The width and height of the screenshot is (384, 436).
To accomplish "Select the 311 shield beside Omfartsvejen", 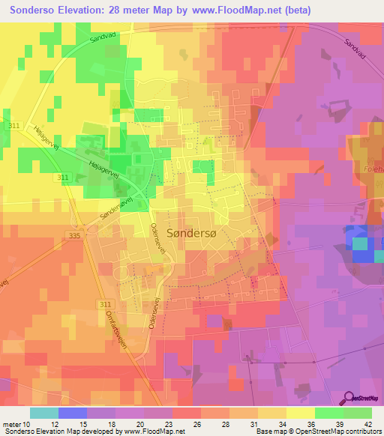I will pyautogui.click(x=105, y=303).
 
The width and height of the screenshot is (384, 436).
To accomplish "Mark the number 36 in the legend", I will pyautogui.click(x=302, y=424).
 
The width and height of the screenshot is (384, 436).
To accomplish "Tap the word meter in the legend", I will pyautogui.click(x=12, y=424).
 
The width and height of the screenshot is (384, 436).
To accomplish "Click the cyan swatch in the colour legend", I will pyautogui.click(x=43, y=413).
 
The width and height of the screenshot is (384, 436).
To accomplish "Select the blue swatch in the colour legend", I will pyautogui.click(x=72, y=413).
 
